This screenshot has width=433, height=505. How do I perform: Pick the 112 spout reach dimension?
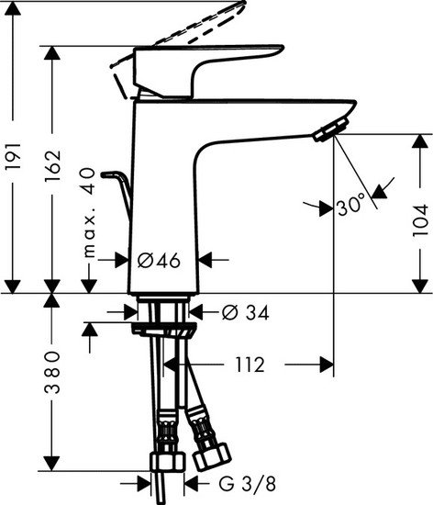[x=245, y=365]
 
